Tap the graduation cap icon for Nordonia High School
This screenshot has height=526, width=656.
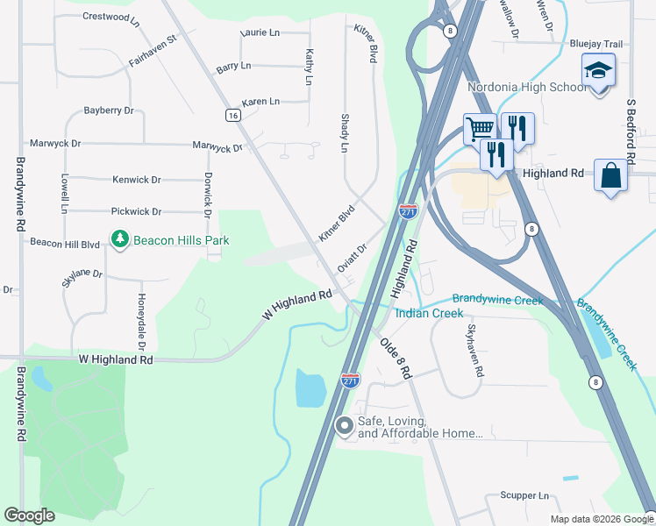[598, 70]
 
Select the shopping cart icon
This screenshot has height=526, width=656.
[480, 129]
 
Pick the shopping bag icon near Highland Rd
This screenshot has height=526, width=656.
[610, 174]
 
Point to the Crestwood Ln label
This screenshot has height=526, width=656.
[111, 17]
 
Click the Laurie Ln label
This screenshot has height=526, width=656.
[260, 32]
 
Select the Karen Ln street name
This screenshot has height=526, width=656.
[260, 102]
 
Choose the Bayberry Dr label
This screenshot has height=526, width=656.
[108, 110]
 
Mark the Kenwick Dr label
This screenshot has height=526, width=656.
[137, 180]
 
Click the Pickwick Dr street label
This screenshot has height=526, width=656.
[136, 211]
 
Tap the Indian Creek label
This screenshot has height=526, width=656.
[429, 313]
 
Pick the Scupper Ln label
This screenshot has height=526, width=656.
[524, 495]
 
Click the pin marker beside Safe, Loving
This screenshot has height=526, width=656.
[345, 427]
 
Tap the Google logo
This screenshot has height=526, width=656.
[30, 515]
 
